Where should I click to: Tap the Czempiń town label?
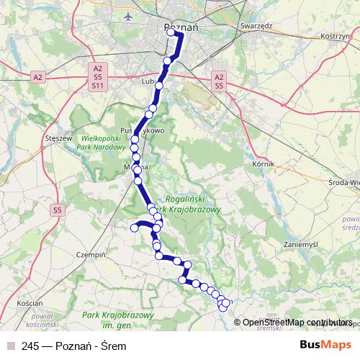pos(91,255)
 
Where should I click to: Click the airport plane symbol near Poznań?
pos(128,16)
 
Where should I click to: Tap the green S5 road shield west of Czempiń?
pos(57,210)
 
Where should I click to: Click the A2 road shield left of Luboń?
pos(38,76)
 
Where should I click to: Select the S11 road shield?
pos(97,85)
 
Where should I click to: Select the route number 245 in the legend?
pos(31,345)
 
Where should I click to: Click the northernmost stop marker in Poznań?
pos(171,32)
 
